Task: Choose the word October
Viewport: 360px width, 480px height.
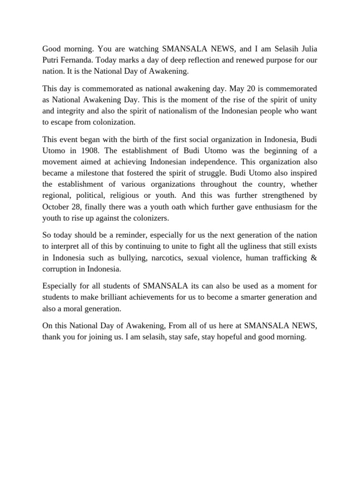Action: pos(56,207)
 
